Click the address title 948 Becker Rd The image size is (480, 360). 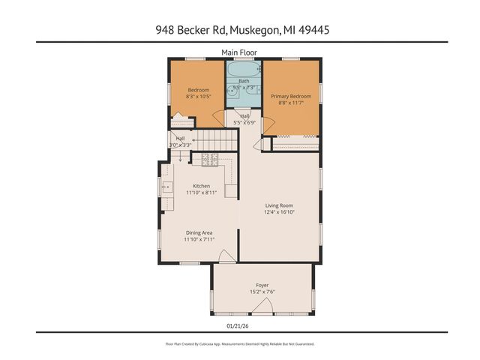240,30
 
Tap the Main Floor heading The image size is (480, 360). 240,52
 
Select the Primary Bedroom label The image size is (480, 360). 291,96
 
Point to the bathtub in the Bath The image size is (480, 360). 244,72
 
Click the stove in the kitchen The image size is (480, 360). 208,159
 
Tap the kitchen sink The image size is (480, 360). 166,187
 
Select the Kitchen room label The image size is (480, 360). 201,186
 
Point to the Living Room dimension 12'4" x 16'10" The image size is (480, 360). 279,212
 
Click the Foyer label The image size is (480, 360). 262,285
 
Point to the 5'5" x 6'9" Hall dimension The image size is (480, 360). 245,122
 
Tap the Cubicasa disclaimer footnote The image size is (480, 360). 240,343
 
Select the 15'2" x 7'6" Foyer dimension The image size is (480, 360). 262,292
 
